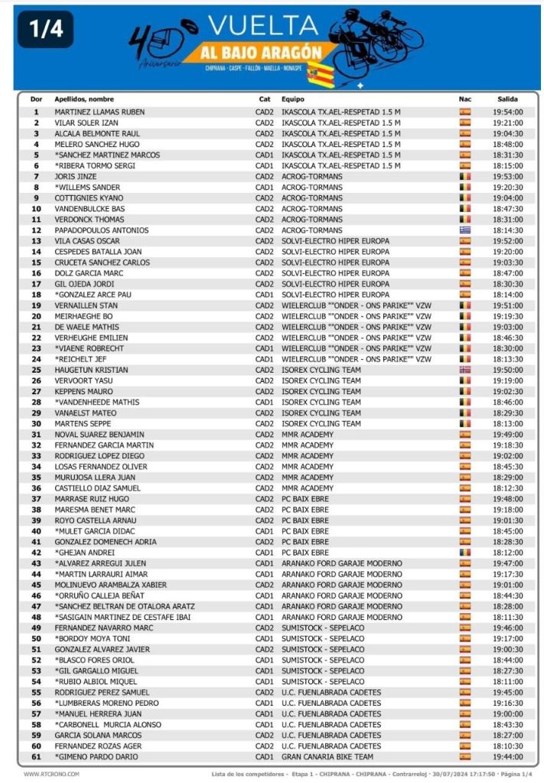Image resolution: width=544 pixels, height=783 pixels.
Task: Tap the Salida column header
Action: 507,99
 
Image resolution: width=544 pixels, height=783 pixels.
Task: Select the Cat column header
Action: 264,99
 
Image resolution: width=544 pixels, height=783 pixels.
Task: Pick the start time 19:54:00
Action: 509,112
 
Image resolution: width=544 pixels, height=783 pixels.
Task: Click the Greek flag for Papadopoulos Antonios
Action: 464,230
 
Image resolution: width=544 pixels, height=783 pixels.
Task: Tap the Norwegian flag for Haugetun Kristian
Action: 464,370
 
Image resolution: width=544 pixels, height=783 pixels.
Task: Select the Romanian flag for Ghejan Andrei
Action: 464,552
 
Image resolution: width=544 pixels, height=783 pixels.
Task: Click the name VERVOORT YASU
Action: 83,380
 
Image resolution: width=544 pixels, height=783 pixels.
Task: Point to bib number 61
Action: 35,756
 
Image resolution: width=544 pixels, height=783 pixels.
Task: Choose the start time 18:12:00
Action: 509,552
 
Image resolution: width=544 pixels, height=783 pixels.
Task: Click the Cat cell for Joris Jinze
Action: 264,176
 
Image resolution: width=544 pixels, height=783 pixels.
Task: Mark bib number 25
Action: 35,370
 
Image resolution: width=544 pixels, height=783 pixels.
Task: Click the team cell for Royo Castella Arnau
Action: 305,520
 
